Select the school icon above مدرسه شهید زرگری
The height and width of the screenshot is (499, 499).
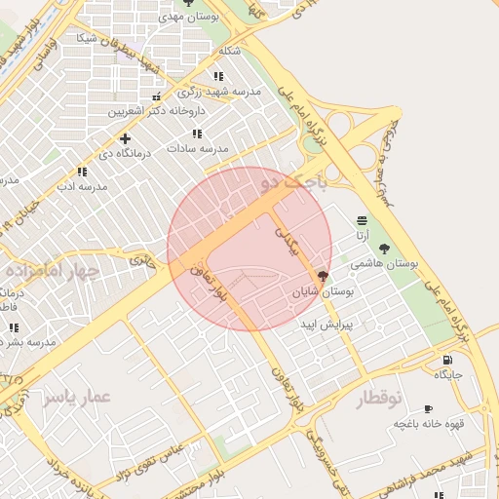[218, 75]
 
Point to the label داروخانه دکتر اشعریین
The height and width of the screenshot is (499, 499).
[152, 112]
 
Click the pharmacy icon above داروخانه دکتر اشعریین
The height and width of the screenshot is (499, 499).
[157, 96]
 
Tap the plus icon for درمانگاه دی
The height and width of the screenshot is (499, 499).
[125, 138]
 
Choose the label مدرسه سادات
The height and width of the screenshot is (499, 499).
[197, 148]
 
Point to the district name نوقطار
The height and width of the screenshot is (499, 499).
[378, 399]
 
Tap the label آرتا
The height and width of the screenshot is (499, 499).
[362, 235]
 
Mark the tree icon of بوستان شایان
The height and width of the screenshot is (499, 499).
[323, 277]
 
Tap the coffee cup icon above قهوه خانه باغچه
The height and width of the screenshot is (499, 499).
[427, 409]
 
